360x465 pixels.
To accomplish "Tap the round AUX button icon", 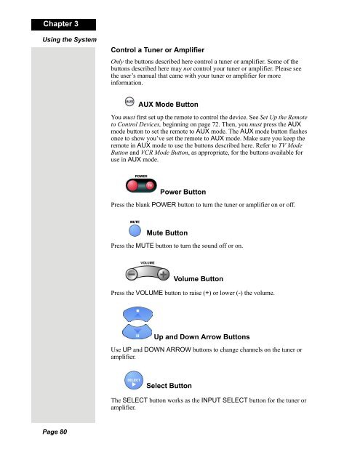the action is click(130, 102).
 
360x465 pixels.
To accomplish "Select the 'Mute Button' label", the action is click(167, 232).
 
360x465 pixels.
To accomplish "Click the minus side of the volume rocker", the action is click(132, 275).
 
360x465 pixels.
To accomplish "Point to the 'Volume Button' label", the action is click(199, 279).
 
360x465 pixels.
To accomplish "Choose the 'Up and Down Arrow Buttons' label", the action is click(202, 338).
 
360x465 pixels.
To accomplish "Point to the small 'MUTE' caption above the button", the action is click(135, 221).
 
